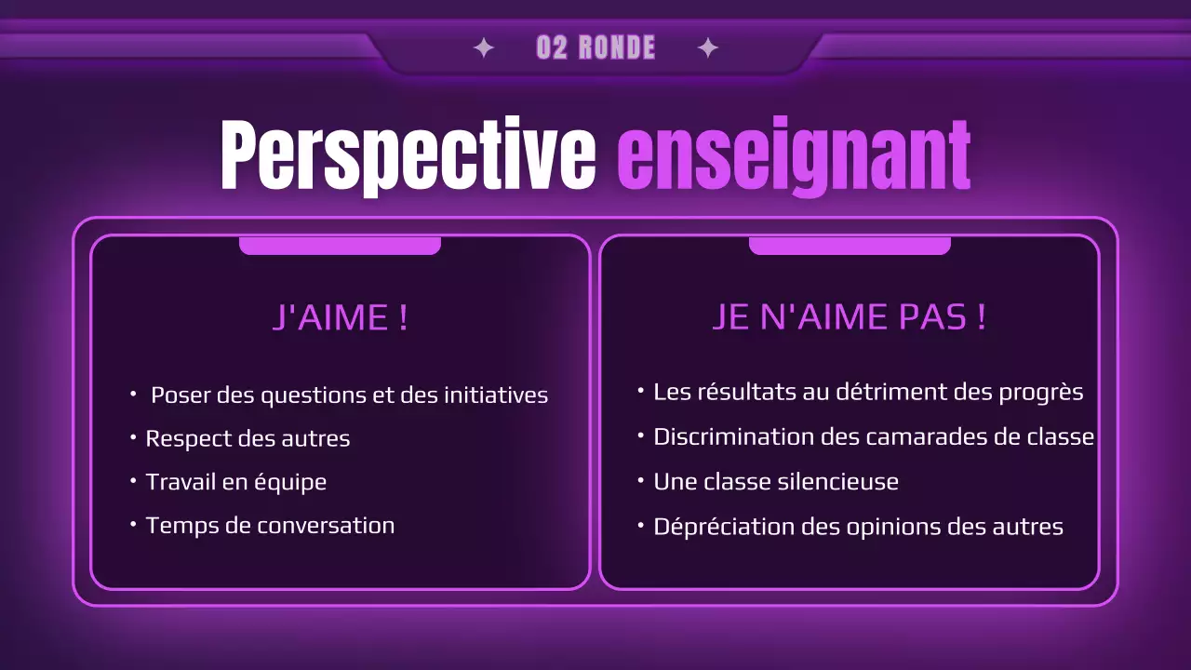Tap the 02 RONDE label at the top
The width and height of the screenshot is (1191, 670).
pos(595,48)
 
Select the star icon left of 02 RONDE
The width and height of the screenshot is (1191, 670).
pos(484,48)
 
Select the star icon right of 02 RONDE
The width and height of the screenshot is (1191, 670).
pos(708,48)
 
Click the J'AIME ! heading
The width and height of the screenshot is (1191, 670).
pos(341,318)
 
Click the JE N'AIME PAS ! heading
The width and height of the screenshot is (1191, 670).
pos(849,317)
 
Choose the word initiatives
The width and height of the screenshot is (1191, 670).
pos(495,395)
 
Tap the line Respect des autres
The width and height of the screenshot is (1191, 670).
pos(248,438)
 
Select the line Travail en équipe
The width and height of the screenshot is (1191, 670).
pos(235,482)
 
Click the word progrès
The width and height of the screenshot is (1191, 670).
pos(1040,393)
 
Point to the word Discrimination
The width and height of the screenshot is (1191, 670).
pos(733,435)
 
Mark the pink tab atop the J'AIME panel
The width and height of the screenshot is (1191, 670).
pos(340,246)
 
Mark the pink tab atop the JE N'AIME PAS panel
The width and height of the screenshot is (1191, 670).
pos(850,246)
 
